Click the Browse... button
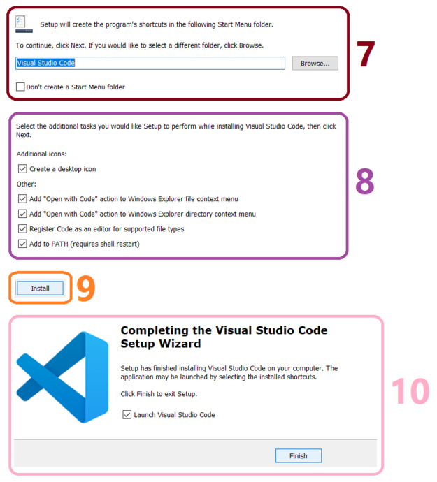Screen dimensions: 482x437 pyautogui.click(x=315, y=63)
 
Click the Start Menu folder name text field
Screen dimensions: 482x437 pyautogui.click(x=150, y=63)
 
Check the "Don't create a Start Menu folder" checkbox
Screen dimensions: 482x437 pyautogui.click(x=20, y=87)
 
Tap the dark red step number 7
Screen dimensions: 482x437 pyautogui.click(x=366, y=54)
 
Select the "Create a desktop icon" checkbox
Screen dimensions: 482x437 pyautogui.click(x=23, y=169)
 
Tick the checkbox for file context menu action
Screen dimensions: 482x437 pyautogui.click(x=23, y=199)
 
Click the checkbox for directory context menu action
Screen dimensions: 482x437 pyautogui.click(x=23, y=214)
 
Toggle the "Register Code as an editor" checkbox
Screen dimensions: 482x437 pyautogui.click(x=23, y=229)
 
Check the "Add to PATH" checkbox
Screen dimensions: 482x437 pyautogui.click(x=23, y=244)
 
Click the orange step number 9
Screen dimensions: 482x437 pyautogui.click(x=85, y=289)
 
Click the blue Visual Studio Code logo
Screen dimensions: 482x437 pyautogui.click(x=62, y=377)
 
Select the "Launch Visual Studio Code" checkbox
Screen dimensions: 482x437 pyautogui.click(x=127, y=414)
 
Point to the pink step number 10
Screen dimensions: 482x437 pyautogui.click(x=409, y=392)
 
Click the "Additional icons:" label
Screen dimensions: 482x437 pyautogui.click(x=41, y=154)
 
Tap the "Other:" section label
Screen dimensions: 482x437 pyautogui.click(x=27, y=184)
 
